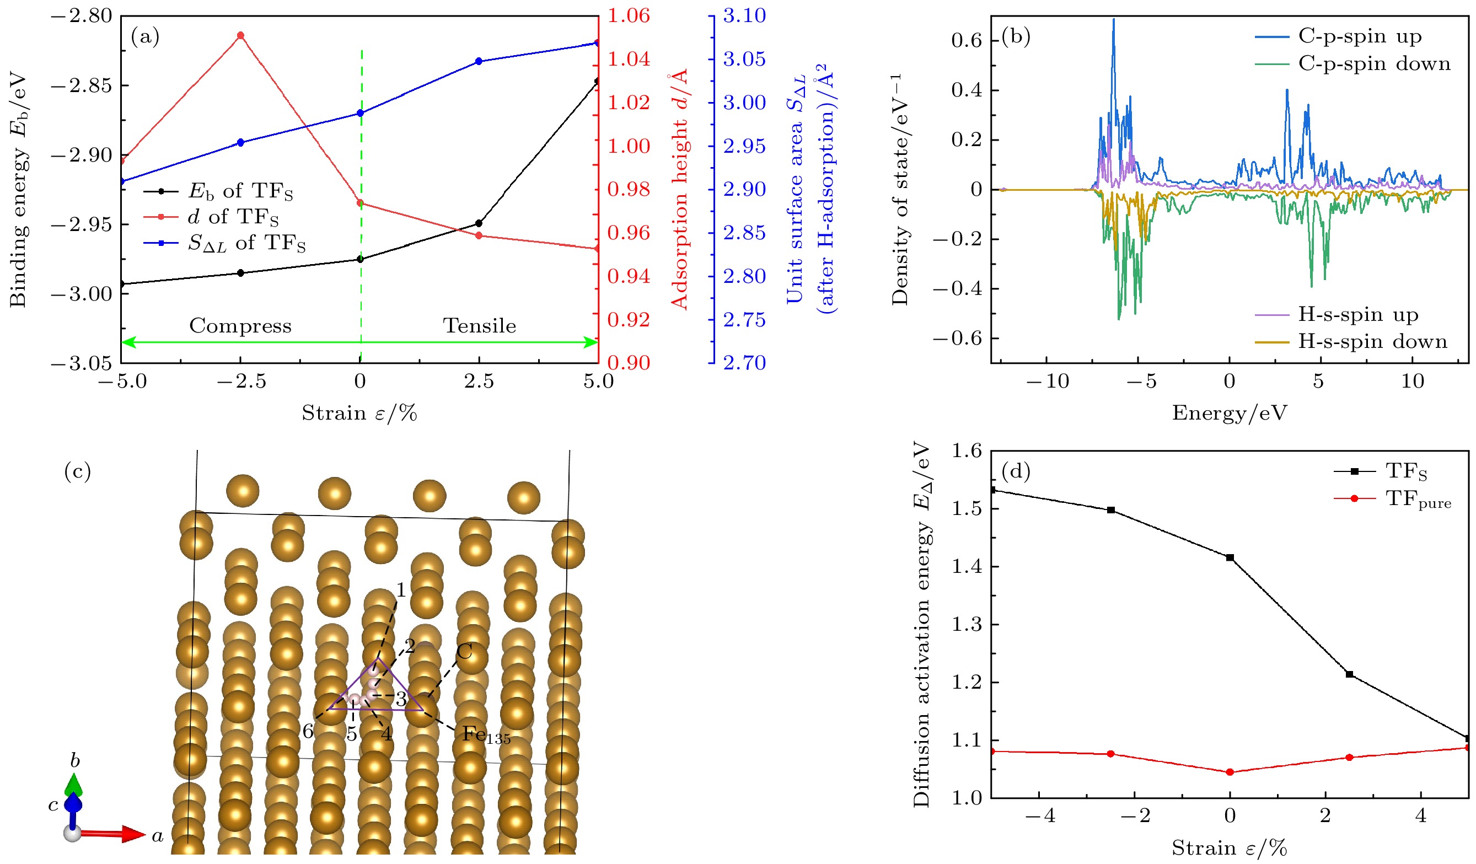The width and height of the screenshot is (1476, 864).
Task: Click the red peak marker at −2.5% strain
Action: tap(240, 36)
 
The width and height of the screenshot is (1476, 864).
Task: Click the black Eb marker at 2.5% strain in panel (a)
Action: tap(479, 223)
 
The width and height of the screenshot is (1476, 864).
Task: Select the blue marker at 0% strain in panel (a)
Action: tap(360, 113)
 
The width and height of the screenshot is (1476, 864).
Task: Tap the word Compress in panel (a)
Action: tap(240, 326)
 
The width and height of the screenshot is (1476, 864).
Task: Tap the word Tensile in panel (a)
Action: tap(479, 326)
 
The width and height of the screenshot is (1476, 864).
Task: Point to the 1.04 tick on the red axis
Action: tap(629, 59)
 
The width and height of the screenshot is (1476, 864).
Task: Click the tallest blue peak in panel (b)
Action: tap(1113, 20)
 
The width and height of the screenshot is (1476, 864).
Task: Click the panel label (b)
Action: tap(1016, 37)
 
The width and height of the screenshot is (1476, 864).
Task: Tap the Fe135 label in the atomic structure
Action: tap(486, 734)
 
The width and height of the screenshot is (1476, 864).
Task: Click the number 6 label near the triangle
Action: tap(308, 731)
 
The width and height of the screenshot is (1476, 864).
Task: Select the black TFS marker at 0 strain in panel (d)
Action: tap(1230, 557)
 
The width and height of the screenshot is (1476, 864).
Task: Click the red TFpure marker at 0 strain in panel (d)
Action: tap(1230, 772)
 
